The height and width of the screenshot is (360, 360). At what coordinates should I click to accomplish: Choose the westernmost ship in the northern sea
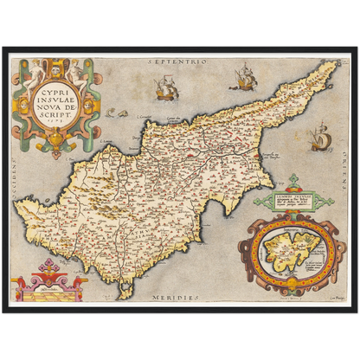pos(164,87)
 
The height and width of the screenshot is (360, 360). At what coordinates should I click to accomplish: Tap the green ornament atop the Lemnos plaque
pos(295,181)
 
